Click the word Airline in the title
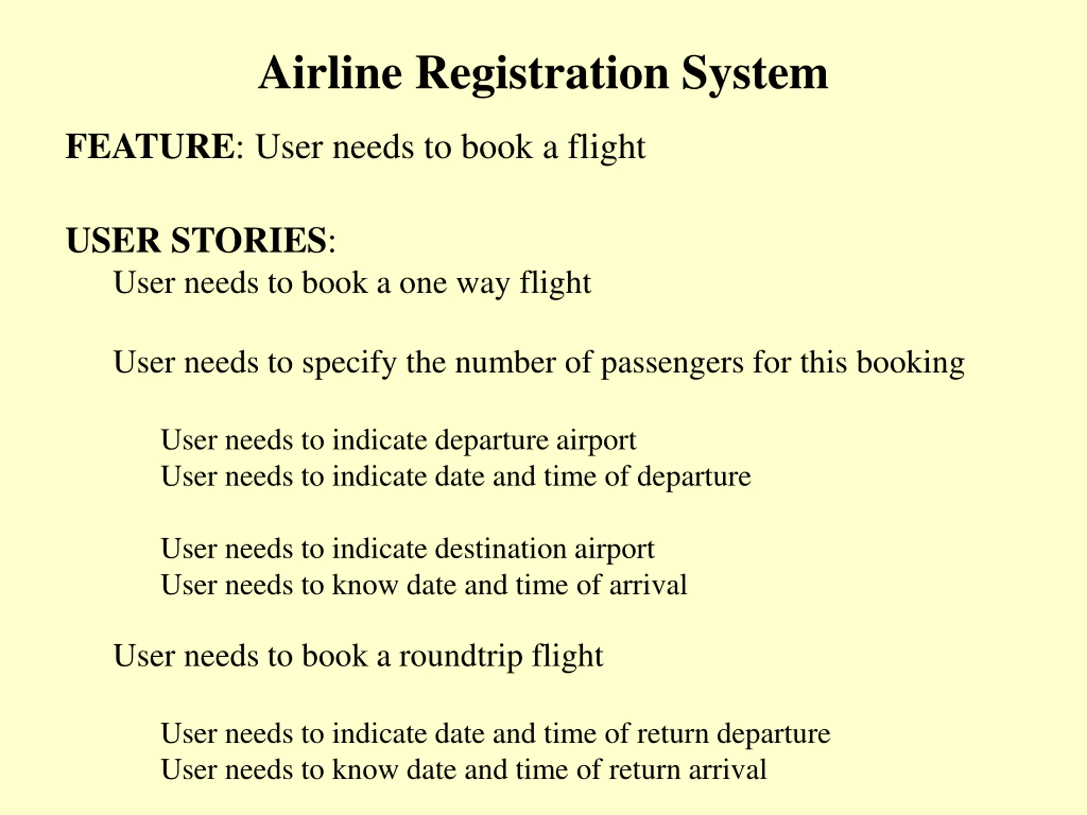click(330, 74)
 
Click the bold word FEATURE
click(150, 146)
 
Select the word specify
click(349, 363)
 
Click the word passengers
click(672, 363)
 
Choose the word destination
click(501, 548)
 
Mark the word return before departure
click(672, 733)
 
